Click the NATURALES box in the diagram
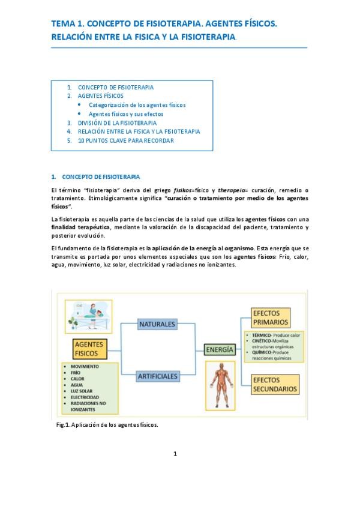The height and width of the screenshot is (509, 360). coord(157,324)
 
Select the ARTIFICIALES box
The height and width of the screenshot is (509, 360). coord(158,376)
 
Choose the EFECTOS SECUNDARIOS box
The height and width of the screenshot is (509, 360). coord(274,384)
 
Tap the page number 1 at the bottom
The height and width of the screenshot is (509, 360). coord(175,453)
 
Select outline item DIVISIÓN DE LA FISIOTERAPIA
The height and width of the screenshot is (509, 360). coord(117,122)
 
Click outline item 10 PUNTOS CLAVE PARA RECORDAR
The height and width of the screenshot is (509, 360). coord(125,140)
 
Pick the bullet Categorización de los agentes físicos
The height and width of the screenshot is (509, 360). coord(137,104)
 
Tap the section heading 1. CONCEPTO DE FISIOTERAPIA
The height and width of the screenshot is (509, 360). coord(96,176)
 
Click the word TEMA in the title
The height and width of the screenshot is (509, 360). coord(62,23)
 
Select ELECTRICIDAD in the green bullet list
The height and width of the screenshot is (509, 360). coord(85,397)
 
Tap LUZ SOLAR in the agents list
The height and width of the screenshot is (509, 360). coord(82,390)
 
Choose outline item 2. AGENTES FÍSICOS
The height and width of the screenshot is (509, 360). coord(100,95)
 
